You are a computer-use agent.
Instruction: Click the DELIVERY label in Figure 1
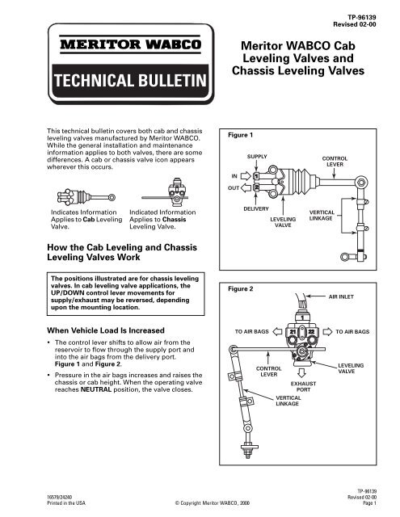256,208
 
